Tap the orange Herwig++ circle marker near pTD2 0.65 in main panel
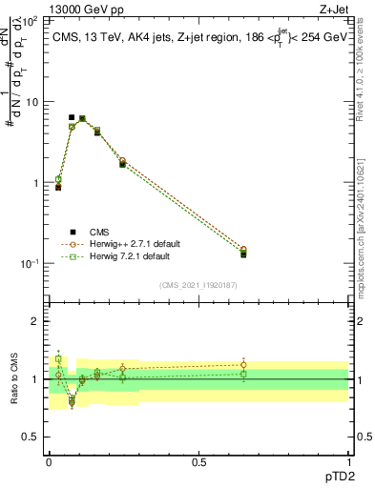tap(243, 250)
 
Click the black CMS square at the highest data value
tap(72, 117)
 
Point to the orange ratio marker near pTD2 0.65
tap(243, 364)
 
